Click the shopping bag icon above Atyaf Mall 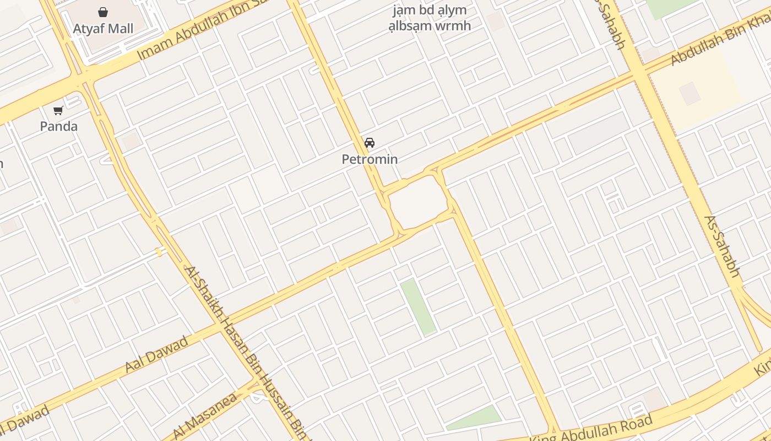click(103, 12)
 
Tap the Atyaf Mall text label click(103, 29)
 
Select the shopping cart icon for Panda click(58, 110)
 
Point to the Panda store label click(59, 126)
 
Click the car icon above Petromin click(370, 143)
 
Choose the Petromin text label click(370, 159)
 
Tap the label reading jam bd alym click(429, 10)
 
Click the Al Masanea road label click(205, 416)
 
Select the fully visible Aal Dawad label click(156, 353)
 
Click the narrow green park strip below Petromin click(418, 306)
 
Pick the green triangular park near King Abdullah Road click(477, 417)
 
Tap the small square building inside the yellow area click(689, 93)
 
